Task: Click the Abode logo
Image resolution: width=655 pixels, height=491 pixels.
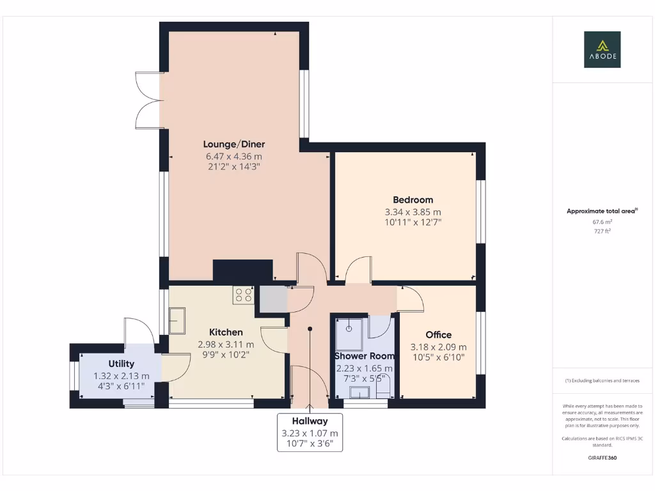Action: point(602,50)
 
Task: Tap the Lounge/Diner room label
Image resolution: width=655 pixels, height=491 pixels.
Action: point(234,144)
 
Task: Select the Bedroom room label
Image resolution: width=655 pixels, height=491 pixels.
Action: point(413,199)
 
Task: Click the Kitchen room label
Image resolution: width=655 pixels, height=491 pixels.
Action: point(226,332)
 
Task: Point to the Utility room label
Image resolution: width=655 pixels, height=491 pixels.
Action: point(121,364)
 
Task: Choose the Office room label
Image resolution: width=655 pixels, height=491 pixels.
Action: point(438,334)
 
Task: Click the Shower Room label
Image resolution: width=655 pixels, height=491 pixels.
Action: point(365,355)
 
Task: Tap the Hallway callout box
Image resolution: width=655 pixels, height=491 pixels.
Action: point(310,433)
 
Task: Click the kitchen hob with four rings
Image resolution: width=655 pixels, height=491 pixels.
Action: point(243,295)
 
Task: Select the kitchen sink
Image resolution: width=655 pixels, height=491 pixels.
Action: point(177,320)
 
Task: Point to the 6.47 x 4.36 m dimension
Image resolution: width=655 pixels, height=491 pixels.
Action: point(233,156)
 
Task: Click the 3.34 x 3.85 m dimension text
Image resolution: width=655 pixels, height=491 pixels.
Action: point(413,212)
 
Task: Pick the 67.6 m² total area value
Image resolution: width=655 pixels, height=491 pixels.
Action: point(602,222)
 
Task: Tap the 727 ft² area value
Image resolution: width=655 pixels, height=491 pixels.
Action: point(602,231)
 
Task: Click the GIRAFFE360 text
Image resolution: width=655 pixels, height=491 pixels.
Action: point(602,458)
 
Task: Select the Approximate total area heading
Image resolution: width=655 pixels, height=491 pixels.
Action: point(602,211)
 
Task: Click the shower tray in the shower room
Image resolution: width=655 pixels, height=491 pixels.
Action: point(349,328)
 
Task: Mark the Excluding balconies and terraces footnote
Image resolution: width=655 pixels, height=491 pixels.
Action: point(602,380)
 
